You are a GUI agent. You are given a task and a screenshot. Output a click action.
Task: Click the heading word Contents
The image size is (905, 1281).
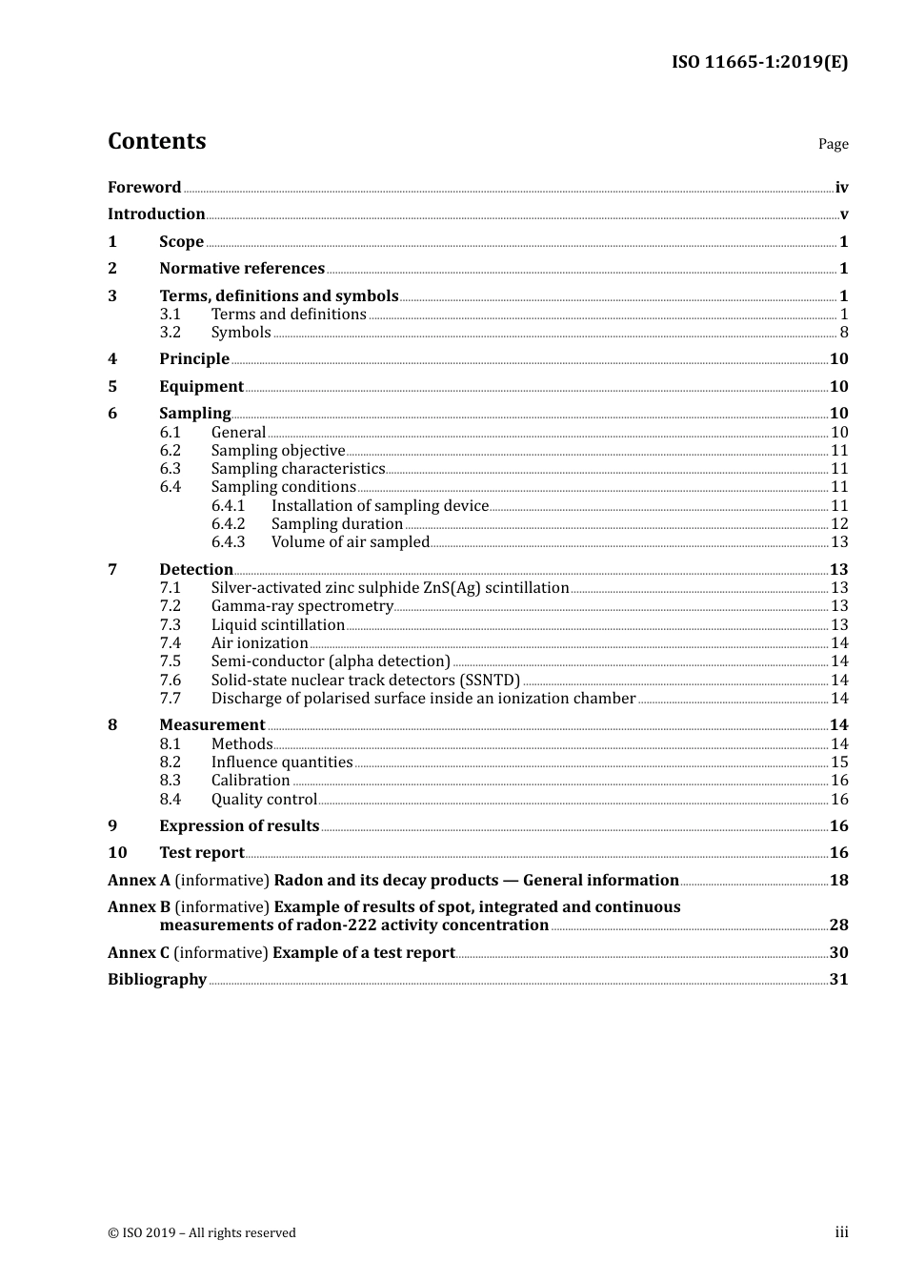tap(156, 141)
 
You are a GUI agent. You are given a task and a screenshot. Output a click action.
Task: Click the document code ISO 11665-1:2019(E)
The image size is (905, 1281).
tap(759, 62)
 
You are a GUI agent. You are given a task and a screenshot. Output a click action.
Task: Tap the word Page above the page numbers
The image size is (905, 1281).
tap(833, 144)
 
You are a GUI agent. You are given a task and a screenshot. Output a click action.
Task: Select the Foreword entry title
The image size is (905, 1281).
tap(144, 187)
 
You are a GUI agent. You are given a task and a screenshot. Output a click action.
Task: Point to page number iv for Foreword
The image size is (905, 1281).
tap(841, 188)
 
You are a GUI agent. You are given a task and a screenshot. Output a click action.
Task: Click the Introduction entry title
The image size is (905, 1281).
tap(156, 213)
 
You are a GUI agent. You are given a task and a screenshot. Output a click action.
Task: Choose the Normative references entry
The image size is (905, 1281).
tap(242, 268)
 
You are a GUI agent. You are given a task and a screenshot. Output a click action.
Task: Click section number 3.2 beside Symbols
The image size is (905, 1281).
tap(170, 332)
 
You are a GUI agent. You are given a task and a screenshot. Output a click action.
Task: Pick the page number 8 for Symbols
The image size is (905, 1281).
tap(844, 332)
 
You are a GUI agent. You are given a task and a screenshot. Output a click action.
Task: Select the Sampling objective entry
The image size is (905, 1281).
tap(278, 450)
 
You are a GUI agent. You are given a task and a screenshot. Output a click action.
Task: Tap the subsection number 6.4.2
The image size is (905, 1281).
tap(228, 523)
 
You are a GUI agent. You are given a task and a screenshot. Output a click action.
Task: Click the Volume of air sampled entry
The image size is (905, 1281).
tap(351, 541)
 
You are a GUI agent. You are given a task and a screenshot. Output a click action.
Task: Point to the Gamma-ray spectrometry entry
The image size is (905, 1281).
tap(302, 605)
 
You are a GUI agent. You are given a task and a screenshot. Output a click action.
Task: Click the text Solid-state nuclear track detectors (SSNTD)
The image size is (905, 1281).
tap(366, 680)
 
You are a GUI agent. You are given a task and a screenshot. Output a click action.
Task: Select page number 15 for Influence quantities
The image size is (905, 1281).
tap(839, 762)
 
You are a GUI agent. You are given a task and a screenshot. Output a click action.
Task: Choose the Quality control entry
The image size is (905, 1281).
tap(264, 799)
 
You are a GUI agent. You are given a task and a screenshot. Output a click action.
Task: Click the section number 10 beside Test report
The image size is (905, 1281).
tap(117, 852)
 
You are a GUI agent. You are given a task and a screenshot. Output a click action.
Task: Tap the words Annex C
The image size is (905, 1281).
tap(139, 952)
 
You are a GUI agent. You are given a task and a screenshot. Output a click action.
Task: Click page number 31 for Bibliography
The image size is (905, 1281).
tap(838, 979)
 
